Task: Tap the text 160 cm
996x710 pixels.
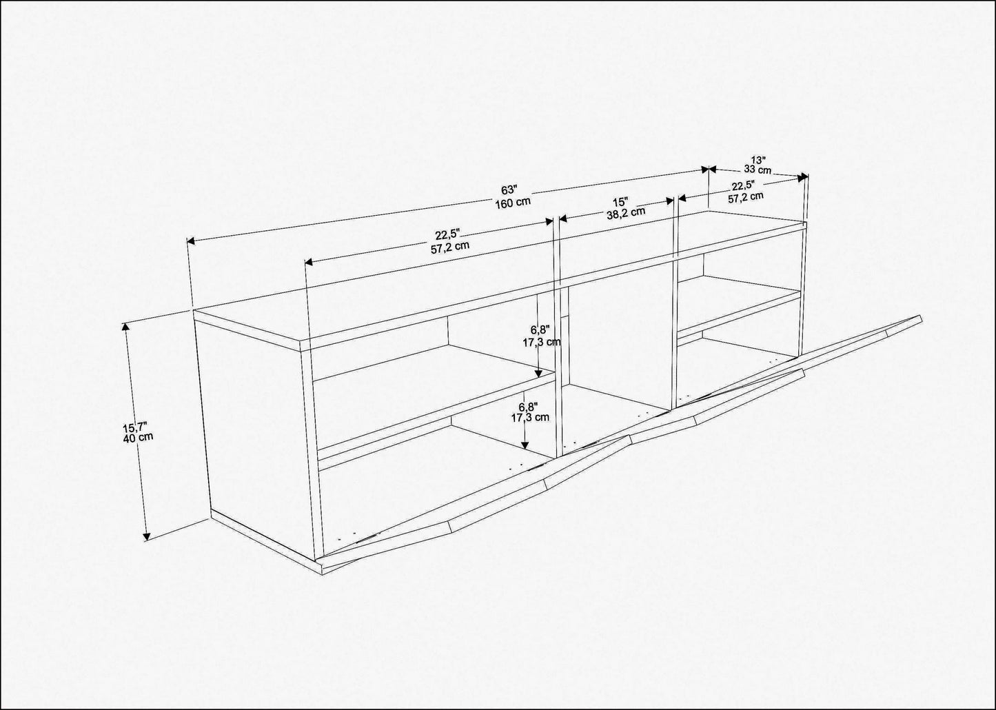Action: [513, 202]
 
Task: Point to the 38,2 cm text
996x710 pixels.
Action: [626, 212]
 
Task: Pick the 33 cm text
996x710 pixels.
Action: [758, 170]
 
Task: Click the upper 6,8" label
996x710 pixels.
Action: [540, 329]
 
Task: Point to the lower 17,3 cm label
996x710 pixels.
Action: [530, 417]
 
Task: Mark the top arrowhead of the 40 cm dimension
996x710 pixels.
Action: [126, 327]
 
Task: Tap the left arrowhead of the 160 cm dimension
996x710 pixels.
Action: [191, 241]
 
